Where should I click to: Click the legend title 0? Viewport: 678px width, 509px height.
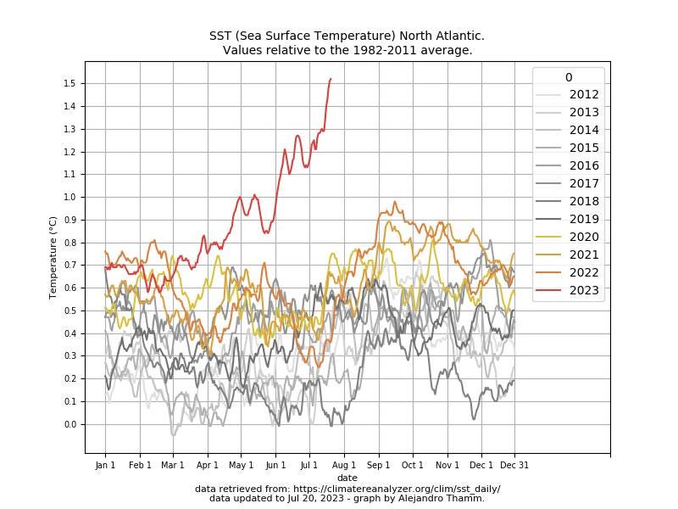(x=568, y=77)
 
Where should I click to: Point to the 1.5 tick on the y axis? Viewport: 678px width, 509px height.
(x=70, y=83)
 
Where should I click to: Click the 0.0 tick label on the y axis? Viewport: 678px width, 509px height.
(x=70, y=424)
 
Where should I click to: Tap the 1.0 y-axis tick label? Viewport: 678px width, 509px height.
(x=70, y=197)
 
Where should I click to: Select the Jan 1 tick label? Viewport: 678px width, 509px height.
(x=105, y=465)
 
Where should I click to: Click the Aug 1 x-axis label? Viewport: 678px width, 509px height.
(x=343, y=465)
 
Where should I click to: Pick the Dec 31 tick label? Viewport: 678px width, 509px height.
(x=514, y=465)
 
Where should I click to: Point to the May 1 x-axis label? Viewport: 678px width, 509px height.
(x=242, y=465)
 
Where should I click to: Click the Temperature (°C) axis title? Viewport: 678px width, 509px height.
(x=53, y=257)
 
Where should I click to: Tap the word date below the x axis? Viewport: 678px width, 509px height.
(x=347, y=478)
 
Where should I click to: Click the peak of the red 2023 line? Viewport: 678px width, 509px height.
(x=331, y=79)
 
